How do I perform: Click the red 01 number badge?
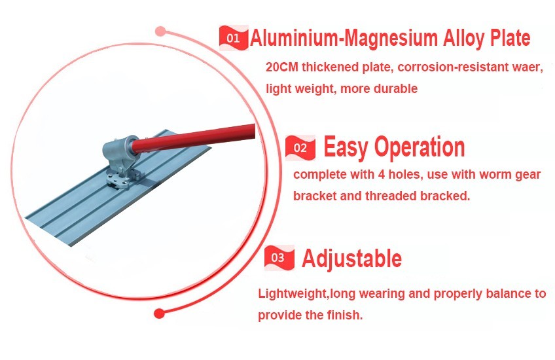tap(233, 37)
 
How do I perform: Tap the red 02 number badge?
tap(300, 148)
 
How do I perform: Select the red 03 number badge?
tap(279, 257)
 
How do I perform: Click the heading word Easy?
tap(346, 147)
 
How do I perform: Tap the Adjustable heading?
tap(352, 259)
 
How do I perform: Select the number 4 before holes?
tap(381, 174)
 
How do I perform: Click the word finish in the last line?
tap(344, 315)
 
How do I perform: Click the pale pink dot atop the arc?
tap(160, 31)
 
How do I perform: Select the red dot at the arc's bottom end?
tap(159, 314)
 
